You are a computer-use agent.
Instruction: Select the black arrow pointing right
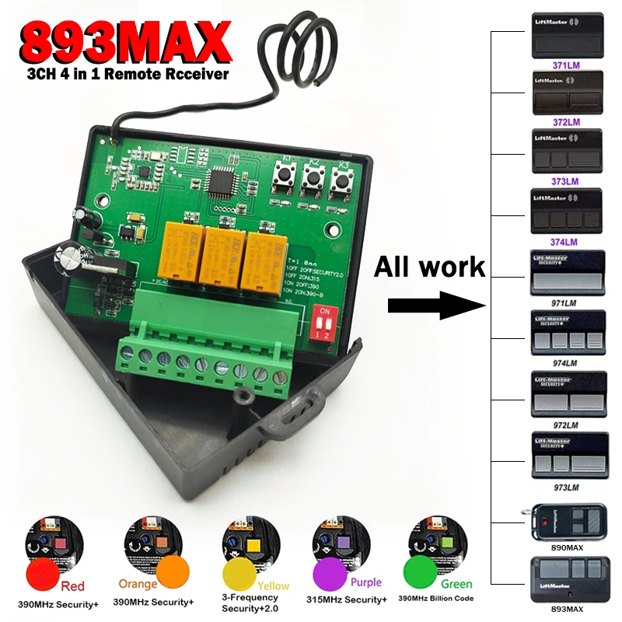(x=435, y=304)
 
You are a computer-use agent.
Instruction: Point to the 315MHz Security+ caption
(x=348, y=600)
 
